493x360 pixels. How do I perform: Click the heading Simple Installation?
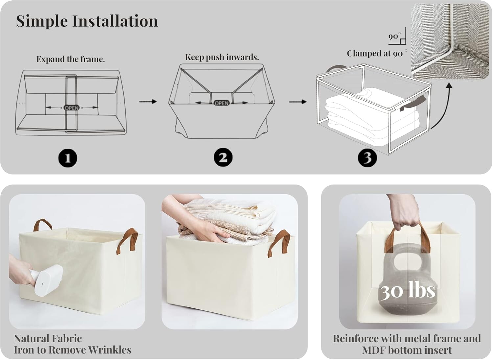[87, 21]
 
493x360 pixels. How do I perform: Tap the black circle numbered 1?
[68, 158]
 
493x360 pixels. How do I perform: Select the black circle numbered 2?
[223, 157]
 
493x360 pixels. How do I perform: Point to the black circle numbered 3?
[367, 158]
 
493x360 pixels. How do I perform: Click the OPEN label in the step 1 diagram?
[72, 108]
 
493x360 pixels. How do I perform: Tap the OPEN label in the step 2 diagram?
[222, 103]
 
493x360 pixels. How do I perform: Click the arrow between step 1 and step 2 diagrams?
[148, 102]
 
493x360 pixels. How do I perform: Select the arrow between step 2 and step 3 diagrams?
[297, 102]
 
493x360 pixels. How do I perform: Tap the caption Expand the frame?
[70, 59]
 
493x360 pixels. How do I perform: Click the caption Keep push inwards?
[222, 57]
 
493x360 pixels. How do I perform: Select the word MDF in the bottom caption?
[374, 350]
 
